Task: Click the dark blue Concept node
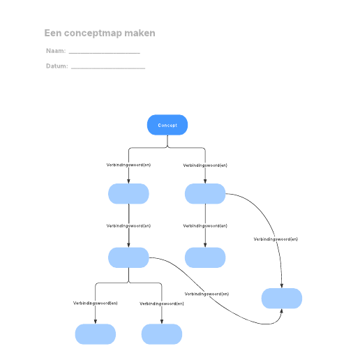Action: tap(167, 125)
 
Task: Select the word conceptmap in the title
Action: tap(93, 33)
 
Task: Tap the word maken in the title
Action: tap(140, 33)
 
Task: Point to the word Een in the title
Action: tap(53, 33)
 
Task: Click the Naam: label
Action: tap(56, 51)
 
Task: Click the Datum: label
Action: tap(57, 66)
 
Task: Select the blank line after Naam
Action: tap(105, 53)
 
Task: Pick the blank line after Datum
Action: tap(108, 68)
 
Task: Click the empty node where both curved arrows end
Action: tap(282, 299)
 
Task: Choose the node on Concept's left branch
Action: tap(128, 194)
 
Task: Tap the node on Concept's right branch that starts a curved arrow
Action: tap(205, 194)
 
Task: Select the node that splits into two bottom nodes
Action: tap(128, 257)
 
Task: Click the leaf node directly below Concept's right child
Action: tap(205, 257)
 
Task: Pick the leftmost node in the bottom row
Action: tap(96, 334)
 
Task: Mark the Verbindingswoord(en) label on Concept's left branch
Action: tap(128, 165)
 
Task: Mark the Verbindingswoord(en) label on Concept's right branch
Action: tap(205, 165)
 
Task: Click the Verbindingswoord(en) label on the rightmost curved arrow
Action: tap(276, 239)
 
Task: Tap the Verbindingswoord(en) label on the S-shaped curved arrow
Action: tap(207, 294)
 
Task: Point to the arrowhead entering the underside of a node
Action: tap(281, 311)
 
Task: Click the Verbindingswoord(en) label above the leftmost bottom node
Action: tap(96, 303)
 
